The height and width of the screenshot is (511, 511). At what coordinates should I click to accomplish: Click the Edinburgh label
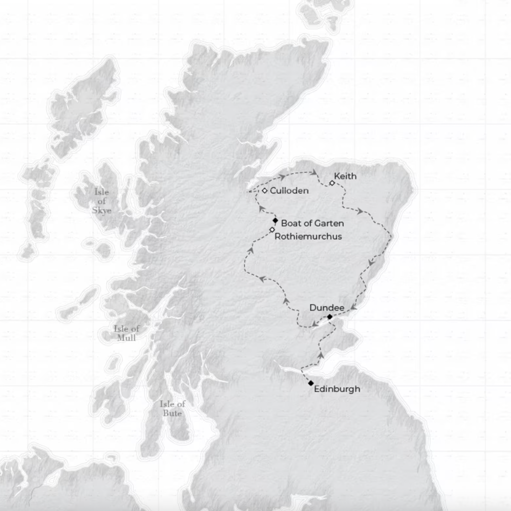pyautogui.click(x=337, y=389)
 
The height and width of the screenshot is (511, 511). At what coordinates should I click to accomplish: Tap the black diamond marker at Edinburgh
pyautogui.click(x=311, y=383)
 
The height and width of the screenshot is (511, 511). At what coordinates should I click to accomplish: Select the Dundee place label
pyautogui.click(x=327, y=308)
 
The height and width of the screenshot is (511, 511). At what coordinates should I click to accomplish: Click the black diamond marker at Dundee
pyautogui.click(x=330, y=317)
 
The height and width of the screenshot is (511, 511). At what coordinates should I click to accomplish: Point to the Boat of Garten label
pyautogui.click(x=312, y=223)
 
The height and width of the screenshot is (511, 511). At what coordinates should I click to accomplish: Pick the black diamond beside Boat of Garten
pyautogui.click(x=275, y=220)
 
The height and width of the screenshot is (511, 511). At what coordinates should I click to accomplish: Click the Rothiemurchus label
pyautogui.click(x=308, y=237)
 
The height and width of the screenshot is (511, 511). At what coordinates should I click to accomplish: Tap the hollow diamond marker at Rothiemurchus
pyautogui.click(x=272, y=230)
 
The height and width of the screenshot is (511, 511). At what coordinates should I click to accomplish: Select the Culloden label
pyautogui.click(x=289, y=191)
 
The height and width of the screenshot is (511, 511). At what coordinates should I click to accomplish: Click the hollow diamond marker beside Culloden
pyautogui.click(x=264, y=191)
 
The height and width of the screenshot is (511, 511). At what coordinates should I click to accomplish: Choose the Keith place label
pyautogui.click(x=345, y=176)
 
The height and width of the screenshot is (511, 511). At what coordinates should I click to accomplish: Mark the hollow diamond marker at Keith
pyautogui.click(x=332, y=183)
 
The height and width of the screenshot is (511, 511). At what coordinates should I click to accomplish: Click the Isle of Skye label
pyautogui.click(x=102, y=201)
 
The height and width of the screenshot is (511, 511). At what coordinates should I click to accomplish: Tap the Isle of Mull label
pyautogui.click(x=126, y=333)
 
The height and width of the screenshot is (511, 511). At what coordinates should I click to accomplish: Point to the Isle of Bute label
pyautogui.click(x=172, y=409)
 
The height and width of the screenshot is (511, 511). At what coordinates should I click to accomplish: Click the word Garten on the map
pyautogui.click(x=329, y=223)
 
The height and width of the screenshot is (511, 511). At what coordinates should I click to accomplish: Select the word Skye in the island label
pyautogui.click(x=102, y=210)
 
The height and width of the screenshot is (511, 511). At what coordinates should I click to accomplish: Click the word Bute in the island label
pyautogui.click(x=172, y=413)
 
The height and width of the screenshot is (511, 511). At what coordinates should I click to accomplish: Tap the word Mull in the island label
pyautogui.click(x=126, y=338)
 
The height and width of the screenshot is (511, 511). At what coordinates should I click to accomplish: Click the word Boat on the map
pyautogui.click(x=290, y=223)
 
